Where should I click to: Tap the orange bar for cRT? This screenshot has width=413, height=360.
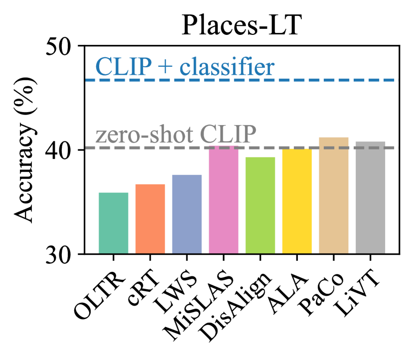(150, 219)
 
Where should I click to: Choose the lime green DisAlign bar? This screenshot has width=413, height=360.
(260, 206)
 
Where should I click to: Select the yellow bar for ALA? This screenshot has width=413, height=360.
(297, 202)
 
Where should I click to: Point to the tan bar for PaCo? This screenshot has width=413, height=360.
(333, 196)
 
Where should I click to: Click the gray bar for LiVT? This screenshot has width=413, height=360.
(370, 198)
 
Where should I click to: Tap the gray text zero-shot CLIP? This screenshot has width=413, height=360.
(176, 134)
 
